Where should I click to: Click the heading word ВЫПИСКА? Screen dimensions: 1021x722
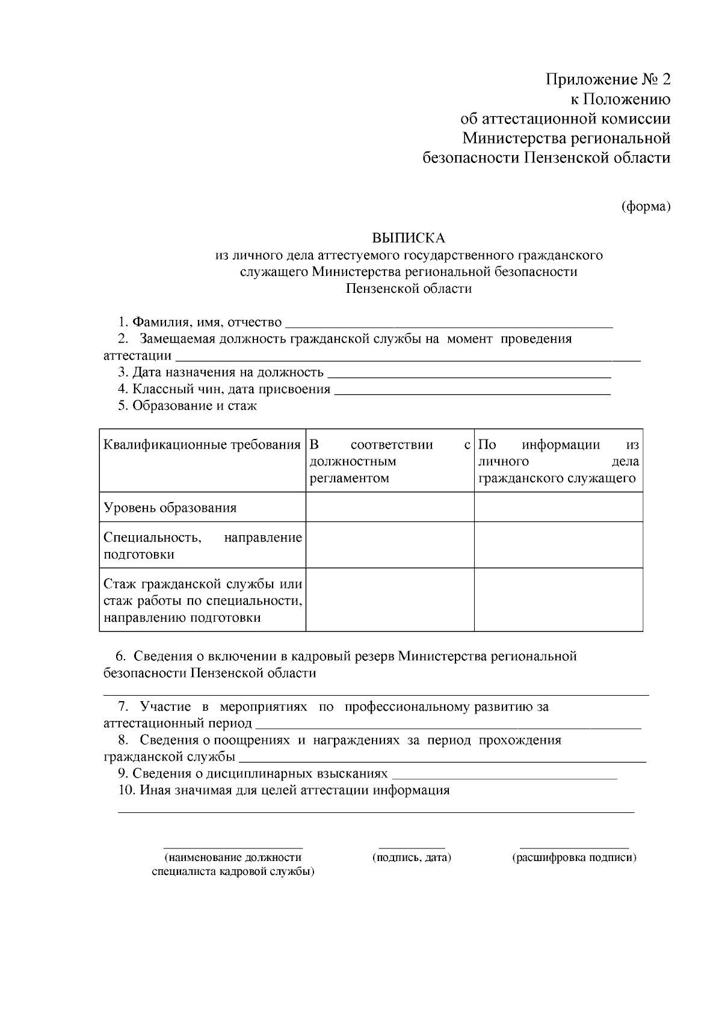pos(409,238)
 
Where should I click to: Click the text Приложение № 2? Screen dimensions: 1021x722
pos(608,79)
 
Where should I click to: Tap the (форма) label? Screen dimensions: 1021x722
pos(646,206)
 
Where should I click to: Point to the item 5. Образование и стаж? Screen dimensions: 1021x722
pos(187,406)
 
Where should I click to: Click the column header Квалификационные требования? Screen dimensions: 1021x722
pos(202,446)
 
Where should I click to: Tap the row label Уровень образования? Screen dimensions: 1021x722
pos(170,508)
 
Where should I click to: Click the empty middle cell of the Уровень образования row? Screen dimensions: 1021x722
pos(390,507)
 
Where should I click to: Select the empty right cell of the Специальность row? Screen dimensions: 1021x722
pos(558,545)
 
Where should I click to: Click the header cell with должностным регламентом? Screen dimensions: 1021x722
pos(390,462)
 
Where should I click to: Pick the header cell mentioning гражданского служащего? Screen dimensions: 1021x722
pos(558,462)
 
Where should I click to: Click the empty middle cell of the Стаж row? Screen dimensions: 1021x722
pos(390,599)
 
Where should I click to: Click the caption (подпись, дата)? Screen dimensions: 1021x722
pos(412,857)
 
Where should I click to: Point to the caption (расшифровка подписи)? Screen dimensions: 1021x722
pos(575,857)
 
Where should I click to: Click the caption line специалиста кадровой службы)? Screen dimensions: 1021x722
pos(233,871)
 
